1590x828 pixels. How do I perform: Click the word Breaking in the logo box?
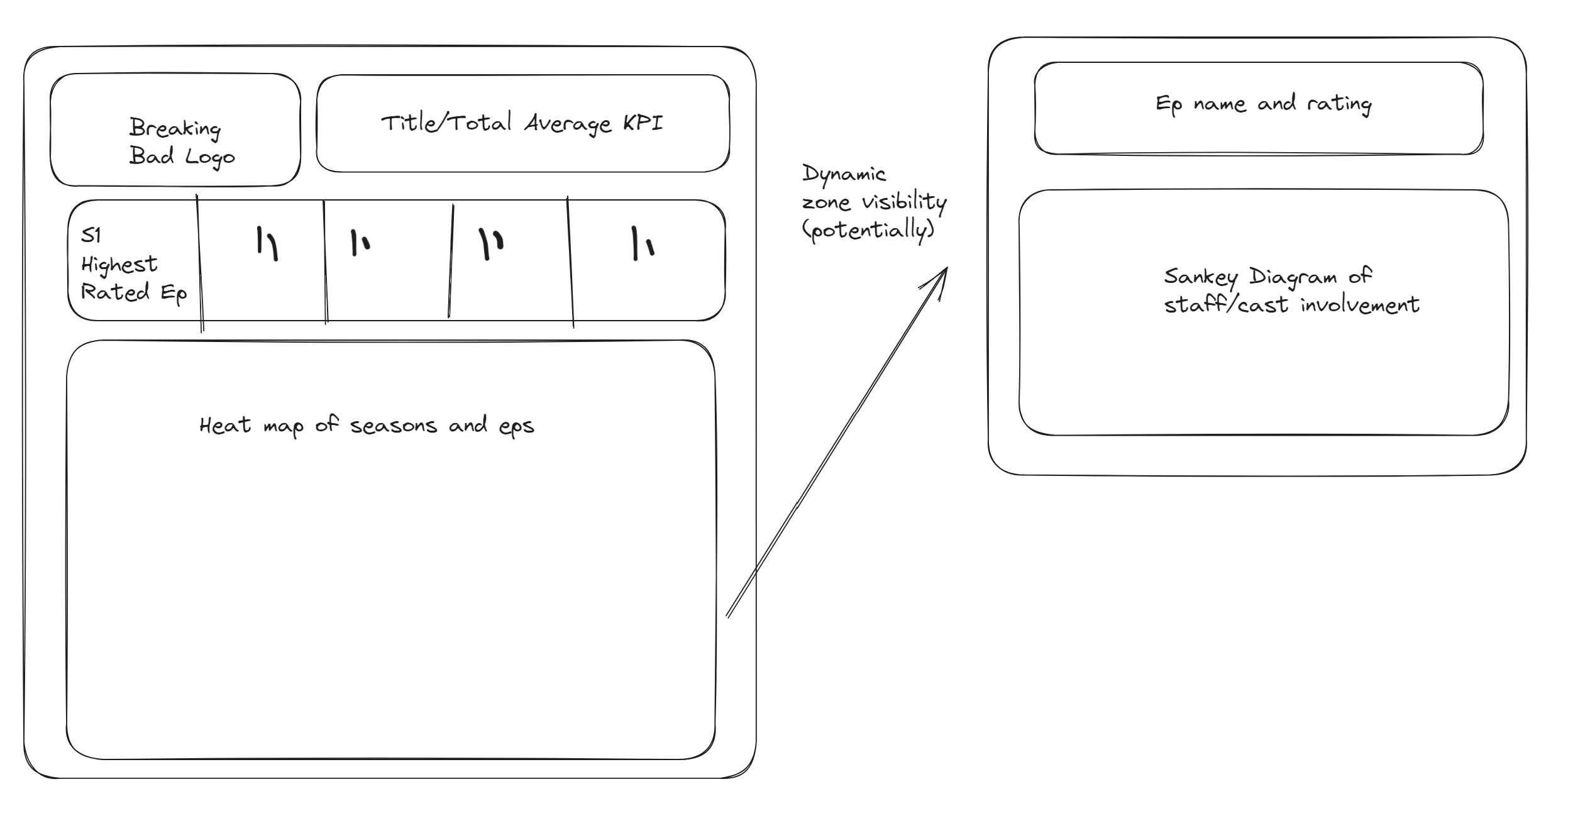point(175,128)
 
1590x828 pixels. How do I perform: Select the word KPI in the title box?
point(643,123)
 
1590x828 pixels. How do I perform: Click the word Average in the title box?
point(568,124)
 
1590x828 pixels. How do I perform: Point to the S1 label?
point(91,235)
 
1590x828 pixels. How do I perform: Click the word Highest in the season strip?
point(119,265)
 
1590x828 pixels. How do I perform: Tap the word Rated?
point(116,292)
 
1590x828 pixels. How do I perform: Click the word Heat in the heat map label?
point(225,426)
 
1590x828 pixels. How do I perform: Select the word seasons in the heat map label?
point(394,426)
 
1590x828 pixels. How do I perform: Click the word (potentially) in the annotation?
point(868,230)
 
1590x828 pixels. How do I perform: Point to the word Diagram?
point(1293,277)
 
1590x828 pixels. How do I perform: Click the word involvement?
point(1360,306)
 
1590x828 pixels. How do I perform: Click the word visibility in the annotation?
point(904,202)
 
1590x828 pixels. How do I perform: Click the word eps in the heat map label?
point(516,427)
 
